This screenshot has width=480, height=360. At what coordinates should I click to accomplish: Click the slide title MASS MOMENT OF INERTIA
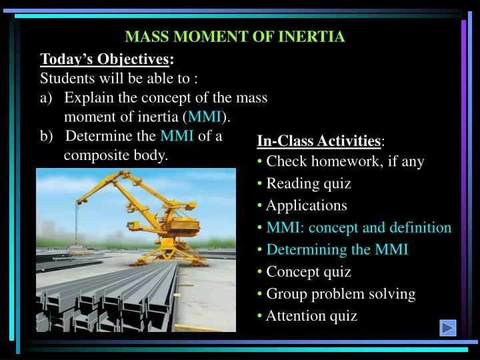[235, 37]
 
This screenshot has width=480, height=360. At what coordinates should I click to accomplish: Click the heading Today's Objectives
[107, 59]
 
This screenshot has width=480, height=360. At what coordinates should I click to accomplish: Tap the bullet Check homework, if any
[345, 162]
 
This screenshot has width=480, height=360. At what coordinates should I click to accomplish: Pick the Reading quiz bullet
[308, 184]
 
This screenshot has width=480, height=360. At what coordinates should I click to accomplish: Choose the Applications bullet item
[306, 206]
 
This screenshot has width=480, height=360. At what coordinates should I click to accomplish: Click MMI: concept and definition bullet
[359, 228]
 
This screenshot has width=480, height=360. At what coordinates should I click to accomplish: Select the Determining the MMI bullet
[337, 250]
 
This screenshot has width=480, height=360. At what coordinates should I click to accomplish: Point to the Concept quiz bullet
[308, 272]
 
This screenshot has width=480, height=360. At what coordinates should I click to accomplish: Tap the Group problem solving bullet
[340, 294]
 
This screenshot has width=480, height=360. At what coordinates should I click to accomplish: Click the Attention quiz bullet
[311, 316]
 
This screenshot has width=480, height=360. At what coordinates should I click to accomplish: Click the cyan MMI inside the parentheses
[205, 117]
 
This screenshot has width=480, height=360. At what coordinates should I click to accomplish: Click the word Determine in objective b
[97, 137]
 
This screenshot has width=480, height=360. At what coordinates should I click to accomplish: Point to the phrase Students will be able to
[119, 79]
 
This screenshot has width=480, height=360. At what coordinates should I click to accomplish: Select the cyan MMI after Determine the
[177, 137]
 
